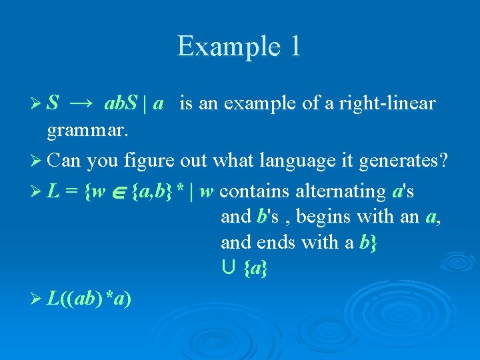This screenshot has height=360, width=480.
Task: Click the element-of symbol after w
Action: click(x=118, y=192)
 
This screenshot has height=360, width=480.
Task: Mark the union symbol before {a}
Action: click(x=227, y=268)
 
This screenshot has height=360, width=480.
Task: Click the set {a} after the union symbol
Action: click(x=254, y=268)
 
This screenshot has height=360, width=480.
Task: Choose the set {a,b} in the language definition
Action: click(x=153, y=192)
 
